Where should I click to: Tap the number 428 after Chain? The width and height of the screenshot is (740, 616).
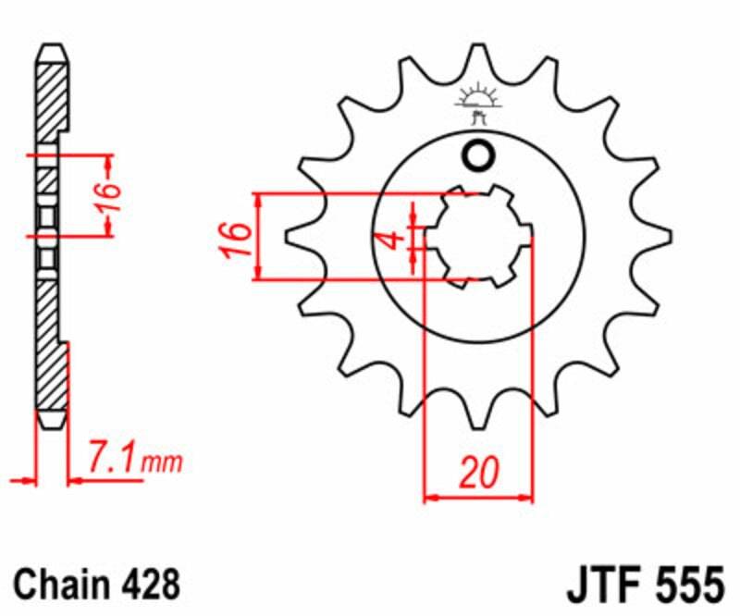(x=148, y=585)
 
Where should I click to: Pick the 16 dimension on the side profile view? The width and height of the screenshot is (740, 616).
(x=108, y=195)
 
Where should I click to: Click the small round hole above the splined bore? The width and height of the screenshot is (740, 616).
(x=478, y=157)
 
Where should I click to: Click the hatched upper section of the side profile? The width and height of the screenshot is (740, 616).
(x=52, y=102)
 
